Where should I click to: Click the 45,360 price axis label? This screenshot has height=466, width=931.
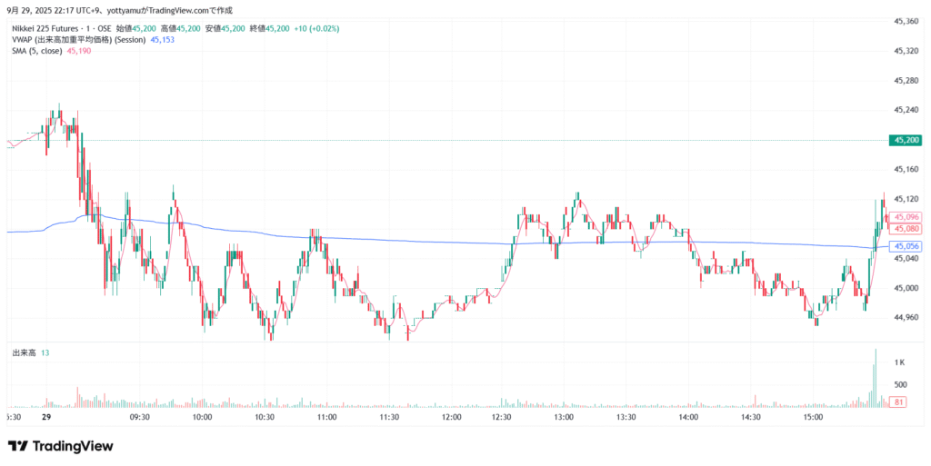point(906,21)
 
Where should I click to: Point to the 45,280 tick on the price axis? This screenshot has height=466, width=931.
point(906,81)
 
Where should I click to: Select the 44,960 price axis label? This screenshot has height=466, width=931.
point(906,318)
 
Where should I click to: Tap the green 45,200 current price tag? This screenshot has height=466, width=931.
point(906,140)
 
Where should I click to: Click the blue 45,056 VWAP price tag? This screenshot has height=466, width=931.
point(906,246)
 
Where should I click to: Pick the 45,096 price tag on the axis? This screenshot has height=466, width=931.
point(906,217)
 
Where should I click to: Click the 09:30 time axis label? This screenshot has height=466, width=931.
point(140,417)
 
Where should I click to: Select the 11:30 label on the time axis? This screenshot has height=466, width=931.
point(390,417)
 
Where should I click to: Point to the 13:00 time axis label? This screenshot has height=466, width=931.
point(563,417)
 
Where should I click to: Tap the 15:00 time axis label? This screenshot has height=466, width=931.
point(813,417)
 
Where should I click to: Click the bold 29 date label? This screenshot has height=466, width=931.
point(45,417)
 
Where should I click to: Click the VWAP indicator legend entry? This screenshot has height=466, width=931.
point(80,40)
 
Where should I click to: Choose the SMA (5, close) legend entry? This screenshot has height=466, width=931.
point(37,51)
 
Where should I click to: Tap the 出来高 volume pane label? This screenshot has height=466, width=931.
point(24,352)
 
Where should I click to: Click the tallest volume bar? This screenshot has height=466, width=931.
point(876,377)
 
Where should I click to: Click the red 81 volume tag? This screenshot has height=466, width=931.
point(898,402)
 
